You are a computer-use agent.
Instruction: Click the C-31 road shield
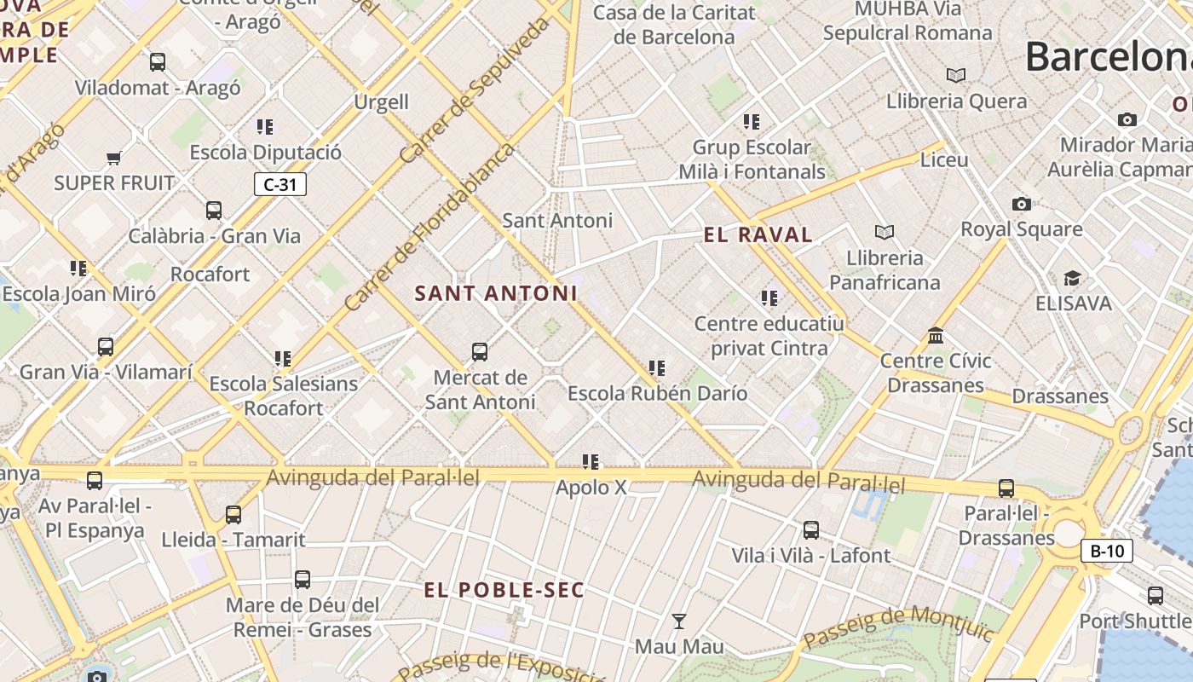coord(280,184)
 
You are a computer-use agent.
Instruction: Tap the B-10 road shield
coord(1107,551)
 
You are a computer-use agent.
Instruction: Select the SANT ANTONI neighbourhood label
coord(496,293)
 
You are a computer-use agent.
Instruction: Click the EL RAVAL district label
coord(758,235)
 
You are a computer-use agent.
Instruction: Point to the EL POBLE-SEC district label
coord(504,590)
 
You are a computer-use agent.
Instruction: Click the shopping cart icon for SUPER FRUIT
coord(114,158)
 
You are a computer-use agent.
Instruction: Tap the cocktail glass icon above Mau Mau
coord(678,621)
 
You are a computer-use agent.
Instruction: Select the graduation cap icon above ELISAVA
coord(1072,279)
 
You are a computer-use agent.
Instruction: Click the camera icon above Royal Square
coord(1021,204)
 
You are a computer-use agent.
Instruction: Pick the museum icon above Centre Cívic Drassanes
coord(936,335)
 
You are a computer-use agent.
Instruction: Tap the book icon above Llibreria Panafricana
coord(885,232)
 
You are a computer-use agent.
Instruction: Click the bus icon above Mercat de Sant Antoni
coord(480,352)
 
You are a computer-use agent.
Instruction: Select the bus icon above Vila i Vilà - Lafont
coord(810,530)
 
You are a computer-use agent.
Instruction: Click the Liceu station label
coord(944,160)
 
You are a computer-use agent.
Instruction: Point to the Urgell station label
coord(381,102)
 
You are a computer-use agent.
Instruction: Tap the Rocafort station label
coord(210,275)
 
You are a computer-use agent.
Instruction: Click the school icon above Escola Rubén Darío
coord(656,368)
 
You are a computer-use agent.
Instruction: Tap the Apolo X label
coord(591,488)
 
